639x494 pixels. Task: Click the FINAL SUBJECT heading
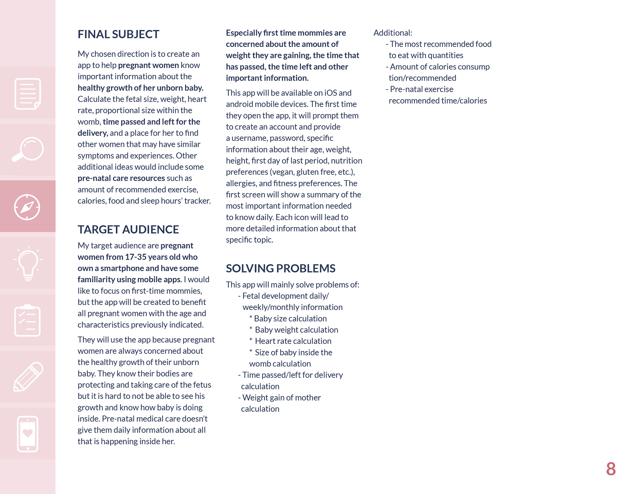point(118,34)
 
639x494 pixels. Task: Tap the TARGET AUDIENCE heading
point(128,229)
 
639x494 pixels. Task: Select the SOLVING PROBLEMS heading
point(280,268)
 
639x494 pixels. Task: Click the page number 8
point(611,469)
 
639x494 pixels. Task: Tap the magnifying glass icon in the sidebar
point(28,149)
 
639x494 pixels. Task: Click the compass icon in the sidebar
point(27,207)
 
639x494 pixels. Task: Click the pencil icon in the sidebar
point(28,377)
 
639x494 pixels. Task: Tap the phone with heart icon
point(28,434)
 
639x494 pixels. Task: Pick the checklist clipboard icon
point(28,321)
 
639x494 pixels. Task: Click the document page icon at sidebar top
point(28,94)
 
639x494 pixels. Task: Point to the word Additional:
point(393,33)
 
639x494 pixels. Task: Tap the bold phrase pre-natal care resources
point(121,178)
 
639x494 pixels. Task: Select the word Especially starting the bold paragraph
point(244,33)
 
